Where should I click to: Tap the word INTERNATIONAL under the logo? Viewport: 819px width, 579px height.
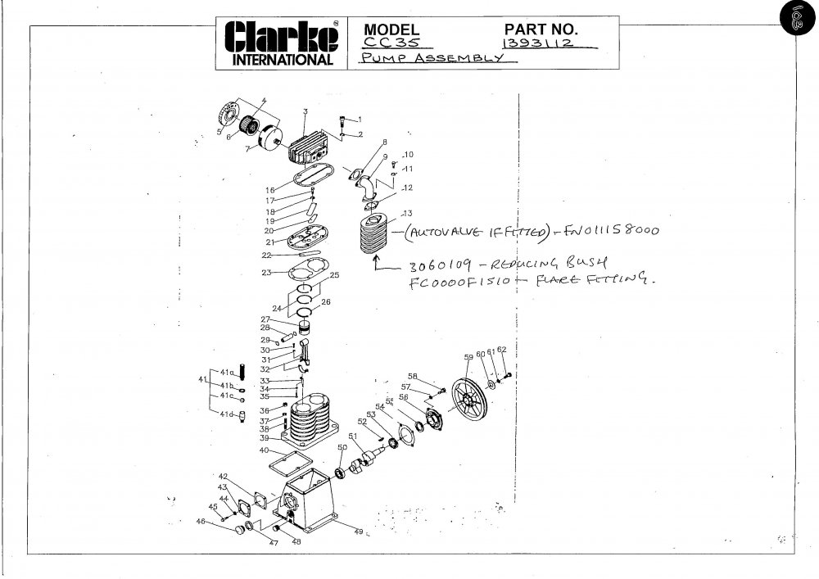pyautogui.click(x=283, y=60)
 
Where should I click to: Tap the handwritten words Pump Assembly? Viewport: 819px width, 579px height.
pyautogui.click(x=428, y=60)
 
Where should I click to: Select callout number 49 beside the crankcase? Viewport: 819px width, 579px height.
pyautogui.click(x=358, y=532)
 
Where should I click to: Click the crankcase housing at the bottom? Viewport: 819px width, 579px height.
pyautogui.click(x=308, y=504)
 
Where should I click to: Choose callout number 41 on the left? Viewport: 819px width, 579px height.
pyautogui.click(x=202, y=379)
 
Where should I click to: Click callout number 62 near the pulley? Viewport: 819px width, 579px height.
pyautogui.click(x=502, y=351)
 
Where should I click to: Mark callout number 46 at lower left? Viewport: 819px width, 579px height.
pyautogui.click(x=200, y=522)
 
